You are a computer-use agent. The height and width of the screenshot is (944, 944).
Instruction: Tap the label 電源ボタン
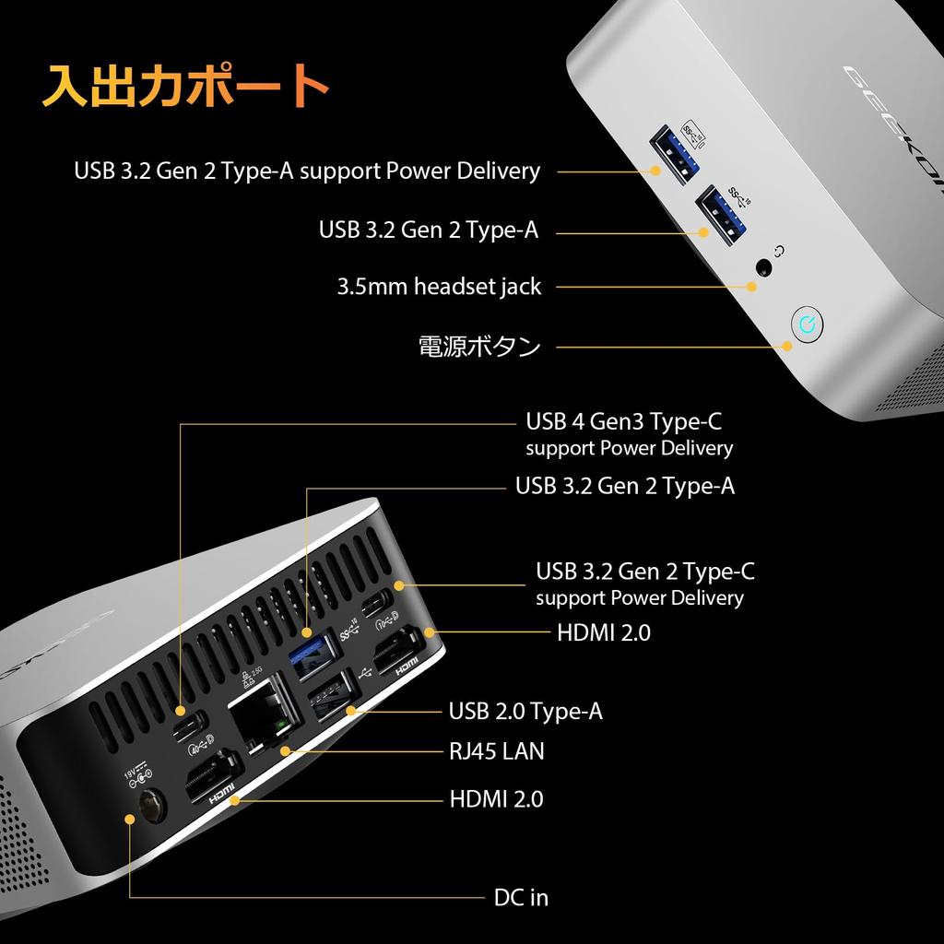pyautogui.click(x=479, y=347)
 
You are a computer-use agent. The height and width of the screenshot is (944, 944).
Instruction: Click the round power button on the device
pyautogui.click(x=808, y=324)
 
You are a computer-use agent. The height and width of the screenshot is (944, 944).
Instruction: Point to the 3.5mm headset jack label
pyautogui.click(x=439, y=287)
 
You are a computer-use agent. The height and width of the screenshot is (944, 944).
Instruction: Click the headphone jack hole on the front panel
pyautogui.click(x=763, y=267)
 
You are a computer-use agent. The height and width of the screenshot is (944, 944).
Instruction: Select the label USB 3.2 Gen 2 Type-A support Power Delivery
pyautogui.click(x=307, y=171)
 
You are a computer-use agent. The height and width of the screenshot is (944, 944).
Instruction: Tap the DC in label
pyautogui.click(x=521, y=896)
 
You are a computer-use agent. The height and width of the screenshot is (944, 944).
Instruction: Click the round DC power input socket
pyautogui.click(x=151, y=807)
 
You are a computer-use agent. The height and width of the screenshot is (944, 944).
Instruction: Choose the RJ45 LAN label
pyautogui.click(x=496, y=751)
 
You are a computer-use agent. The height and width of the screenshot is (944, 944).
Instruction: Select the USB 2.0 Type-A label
pyautogui.click(x=525, y=711)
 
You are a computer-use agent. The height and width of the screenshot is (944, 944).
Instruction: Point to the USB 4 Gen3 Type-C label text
pyautogui.click(x=623, y=422)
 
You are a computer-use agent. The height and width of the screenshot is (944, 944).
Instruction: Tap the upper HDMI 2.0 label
pyautogui.click(x=604, y=632)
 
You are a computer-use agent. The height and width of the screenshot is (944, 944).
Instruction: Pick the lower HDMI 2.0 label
pyautogui.click(x=496, y=798)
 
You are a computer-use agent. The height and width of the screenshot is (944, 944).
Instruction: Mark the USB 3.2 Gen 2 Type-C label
pyautogui.click(x=645, y=572)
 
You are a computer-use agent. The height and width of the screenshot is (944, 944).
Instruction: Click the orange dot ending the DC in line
pyautogui.click(x=129, y=818)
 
